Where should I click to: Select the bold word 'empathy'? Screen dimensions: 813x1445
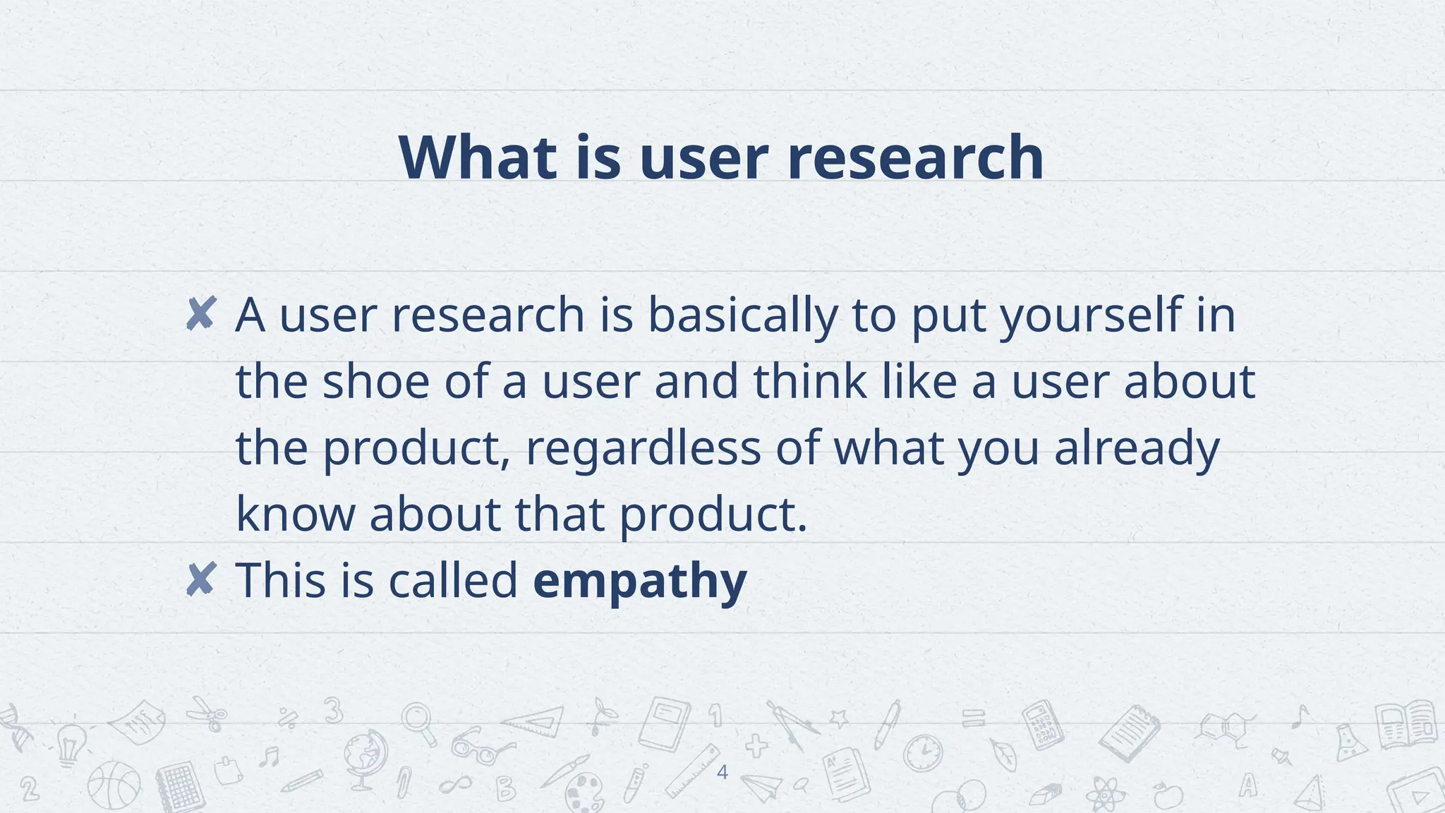[x=639, y=582]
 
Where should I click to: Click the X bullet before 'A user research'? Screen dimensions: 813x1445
[x=200, y=314]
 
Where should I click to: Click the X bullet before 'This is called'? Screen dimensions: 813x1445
[x=200, y=580]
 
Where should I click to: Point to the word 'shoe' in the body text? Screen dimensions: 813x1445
[x=375, y=382]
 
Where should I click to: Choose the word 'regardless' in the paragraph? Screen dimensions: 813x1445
[x=643, y=448]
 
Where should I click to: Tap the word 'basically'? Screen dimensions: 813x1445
[x=742, y=315]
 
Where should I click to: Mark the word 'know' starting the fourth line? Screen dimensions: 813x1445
[x=295, y=514]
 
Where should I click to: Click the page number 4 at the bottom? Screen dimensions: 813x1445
[x=722, y=772]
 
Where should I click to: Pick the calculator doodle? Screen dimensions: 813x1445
[x=1043, y=724]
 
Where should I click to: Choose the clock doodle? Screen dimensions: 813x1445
[x=923, y=753]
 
